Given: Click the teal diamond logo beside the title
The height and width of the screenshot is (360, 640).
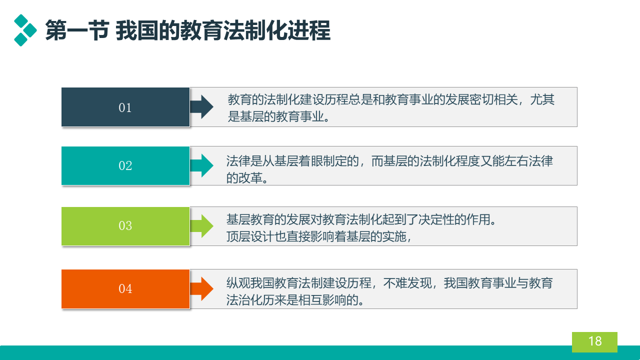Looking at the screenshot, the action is pos(25,30).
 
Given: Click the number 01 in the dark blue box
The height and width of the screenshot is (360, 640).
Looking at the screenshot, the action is pos(125,107).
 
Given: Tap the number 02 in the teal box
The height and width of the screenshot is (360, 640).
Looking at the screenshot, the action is pos(125,165).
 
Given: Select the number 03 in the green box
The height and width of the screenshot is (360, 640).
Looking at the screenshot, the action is pos(125,225).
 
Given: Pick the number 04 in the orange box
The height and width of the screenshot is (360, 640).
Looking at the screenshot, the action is pos(125,288).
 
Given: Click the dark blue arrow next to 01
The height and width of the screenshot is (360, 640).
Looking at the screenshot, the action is pos(201,107).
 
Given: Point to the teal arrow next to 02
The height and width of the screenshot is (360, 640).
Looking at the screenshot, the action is pos(201,165).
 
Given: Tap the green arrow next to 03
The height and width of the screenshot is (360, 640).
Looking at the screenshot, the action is pos(201,226).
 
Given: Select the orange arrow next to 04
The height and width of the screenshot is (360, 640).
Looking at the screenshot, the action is pos(201,289).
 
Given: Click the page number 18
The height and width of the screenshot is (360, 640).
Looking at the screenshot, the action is pos(595,341).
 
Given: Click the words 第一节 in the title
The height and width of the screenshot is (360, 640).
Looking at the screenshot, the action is pos(77,30).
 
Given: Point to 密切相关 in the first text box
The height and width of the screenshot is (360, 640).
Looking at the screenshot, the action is pos(493,99).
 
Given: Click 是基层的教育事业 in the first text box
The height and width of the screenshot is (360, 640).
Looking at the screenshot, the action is pos(276,116).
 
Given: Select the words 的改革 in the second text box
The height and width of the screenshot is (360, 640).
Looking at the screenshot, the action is pos(244,177).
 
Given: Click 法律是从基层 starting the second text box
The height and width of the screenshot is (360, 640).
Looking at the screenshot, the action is pos(262,161).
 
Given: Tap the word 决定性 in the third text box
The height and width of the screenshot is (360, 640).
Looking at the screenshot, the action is pos(436,219).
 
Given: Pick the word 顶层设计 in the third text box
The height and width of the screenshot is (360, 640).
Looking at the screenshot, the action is pos(250,236).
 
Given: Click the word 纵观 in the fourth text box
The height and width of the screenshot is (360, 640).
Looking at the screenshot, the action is pos(238,283).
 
